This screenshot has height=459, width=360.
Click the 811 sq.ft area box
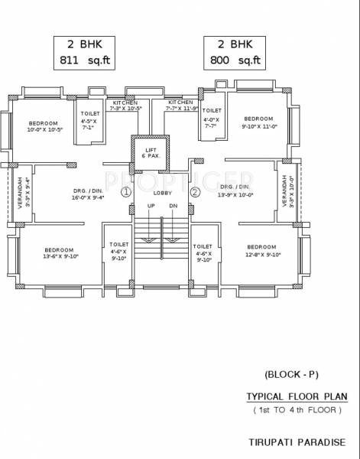[x=84, y=54]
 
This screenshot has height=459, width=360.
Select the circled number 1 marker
[x=125, y=192]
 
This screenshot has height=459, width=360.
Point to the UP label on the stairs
[x=151, y=207]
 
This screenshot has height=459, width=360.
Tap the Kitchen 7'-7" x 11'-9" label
[x=181, y=105]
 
